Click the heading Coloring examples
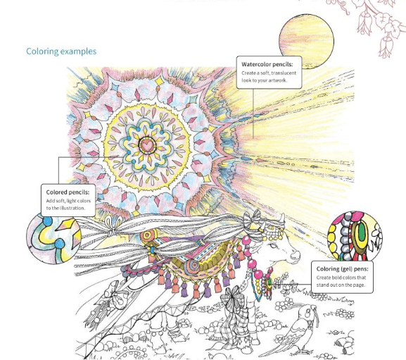(61, 51)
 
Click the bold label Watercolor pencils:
(267, 64)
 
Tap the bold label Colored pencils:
(68, 192)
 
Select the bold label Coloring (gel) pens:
(342, 269)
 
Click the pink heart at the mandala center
(147, 146)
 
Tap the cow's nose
(296, 255)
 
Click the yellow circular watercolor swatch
(306, 42)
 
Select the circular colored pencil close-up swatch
(54, 238)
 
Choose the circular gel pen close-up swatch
(355, 237)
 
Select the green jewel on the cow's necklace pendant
(269, 282)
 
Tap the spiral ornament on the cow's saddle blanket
(191, 267)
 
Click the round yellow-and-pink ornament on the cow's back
(147, 235)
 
